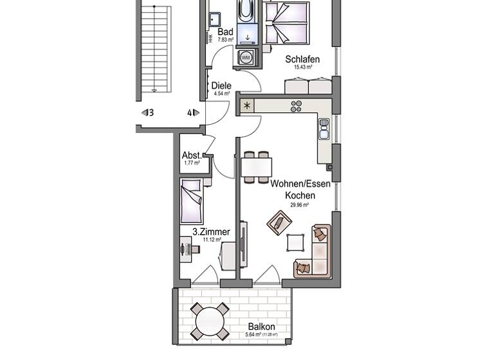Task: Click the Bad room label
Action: coord(225,32)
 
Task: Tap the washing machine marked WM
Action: coord(246,58)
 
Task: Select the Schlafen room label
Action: coord(302,59)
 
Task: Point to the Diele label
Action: coord(221,85)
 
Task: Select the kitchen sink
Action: coord(324,129)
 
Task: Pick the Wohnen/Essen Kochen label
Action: coord(300,189)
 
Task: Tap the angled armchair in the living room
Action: coord(279,222)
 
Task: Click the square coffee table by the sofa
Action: coord(295,242)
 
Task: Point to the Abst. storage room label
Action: coord(192,155)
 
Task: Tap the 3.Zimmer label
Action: coord(211,231)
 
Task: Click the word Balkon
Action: coord(261,327)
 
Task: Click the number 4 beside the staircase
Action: coord(190,113)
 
